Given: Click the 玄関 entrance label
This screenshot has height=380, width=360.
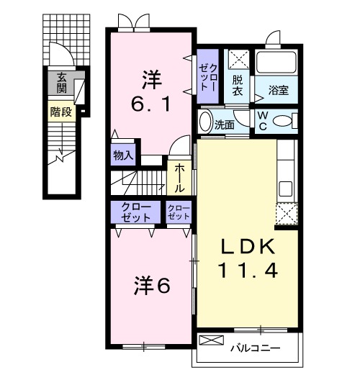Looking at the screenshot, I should pos(62,83).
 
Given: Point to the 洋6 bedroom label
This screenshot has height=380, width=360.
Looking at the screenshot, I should pos(152,285).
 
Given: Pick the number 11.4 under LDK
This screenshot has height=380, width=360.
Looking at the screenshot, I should pos(247,272).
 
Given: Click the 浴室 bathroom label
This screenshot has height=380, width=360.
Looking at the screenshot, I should pos(279,91).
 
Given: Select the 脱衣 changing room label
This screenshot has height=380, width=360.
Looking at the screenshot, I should pos(237,86).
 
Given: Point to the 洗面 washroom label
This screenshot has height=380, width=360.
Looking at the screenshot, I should pos(225,124).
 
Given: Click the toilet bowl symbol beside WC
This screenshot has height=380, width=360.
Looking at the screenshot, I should pos(284,119).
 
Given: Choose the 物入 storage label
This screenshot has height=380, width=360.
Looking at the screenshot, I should pos(123,154).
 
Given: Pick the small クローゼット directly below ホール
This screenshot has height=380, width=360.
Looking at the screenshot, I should pos(179,212).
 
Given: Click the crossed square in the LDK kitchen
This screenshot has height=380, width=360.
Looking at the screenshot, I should pos(287,214).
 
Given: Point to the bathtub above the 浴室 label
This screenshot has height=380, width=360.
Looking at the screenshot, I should pos(276,63).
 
